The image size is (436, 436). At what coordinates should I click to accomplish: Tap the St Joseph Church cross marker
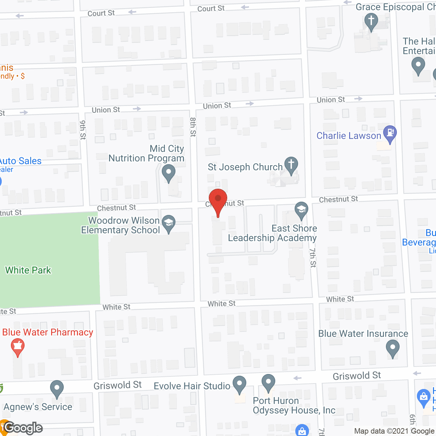pyautogui.click(x=291, y=165)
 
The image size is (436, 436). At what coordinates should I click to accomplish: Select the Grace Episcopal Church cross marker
pyautogui.click(x=371, y=21)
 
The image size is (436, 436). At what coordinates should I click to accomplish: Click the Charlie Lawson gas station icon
pyautogui.click(x=390, y=134)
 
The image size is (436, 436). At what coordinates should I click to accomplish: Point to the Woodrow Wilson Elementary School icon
pyautogui.click(x=169, y=223)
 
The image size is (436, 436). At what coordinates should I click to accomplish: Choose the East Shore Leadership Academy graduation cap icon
pyautogui.click(x=301, y=210)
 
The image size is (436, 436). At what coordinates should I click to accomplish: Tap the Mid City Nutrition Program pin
pyautogui.click(x=168, y=172)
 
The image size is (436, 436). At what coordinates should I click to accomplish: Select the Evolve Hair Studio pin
pyautogui.click(x=239, y=384)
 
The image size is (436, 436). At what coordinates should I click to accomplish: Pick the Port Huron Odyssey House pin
pyautogui.click(x=268, y=382)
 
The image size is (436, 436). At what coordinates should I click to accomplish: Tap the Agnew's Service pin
pyautogui.click(x=57, y=388)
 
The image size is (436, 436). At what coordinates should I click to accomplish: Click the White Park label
pyautogui.click(x=28, y=270)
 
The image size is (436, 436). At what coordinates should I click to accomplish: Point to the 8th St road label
pyautogui.click(x=193, y=127)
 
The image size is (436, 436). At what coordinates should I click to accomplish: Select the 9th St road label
pyautogui.click(x=83, y=130)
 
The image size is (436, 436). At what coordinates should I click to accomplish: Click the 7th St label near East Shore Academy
pyautogui.click(x=313, y=257)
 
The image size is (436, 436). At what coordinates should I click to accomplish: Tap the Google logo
pyautogui.click(x=23, y=428)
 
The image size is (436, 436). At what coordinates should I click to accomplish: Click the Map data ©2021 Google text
pyautogui.click(x=394, y=431)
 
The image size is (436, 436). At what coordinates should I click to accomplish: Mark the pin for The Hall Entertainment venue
pyautogui.click(x=418, y=65)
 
